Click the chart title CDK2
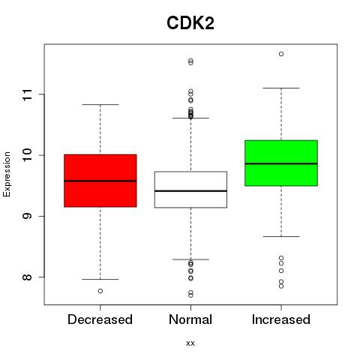(190, 23)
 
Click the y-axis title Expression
(7, 174)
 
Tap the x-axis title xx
(190, 343)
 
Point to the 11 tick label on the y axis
(28, 94)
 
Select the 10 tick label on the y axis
(28, 155)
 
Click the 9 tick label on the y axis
(28, 216)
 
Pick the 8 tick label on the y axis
(28, 277)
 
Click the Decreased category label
(100, 319)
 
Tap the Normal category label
(190, 319)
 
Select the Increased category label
(281, 319)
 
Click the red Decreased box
(100, 181)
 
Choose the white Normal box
(190, 190)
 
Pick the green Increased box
(281, 163)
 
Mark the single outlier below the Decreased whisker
(100, 291)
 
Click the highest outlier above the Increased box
(281, 54)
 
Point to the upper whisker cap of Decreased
(100, 104)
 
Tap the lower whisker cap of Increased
(281, 236)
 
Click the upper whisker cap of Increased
(281, 88)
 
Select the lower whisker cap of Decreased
(100, 279)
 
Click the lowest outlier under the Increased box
(281, 286)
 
